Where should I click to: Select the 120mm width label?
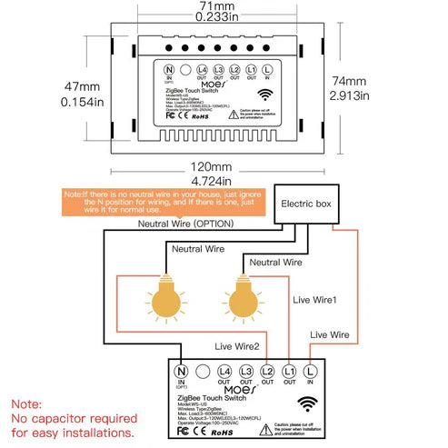pos(224,167)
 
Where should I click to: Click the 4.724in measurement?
pos(224,181)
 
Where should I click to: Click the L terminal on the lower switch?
pos(311,372)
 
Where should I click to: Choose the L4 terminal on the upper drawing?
pos(201,70)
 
